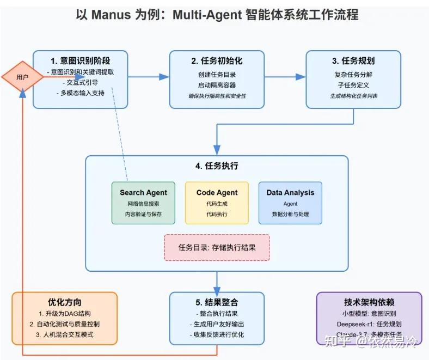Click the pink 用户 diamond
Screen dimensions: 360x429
coord(22,77)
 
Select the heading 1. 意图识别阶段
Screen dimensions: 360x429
coord(80,60)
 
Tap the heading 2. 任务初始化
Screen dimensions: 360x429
coord(217,60)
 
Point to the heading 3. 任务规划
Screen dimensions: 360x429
coord(353,60)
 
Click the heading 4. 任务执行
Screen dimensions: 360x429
coord(217,166)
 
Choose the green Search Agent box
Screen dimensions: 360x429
coord(144,203)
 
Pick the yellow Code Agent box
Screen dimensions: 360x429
coord(217,203)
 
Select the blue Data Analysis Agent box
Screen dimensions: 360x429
coord(290,203)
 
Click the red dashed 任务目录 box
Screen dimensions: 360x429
coord(217,247)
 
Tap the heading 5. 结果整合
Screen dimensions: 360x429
coord(217,302)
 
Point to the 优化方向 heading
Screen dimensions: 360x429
coord(65,302)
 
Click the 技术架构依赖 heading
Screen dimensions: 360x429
coord(369,302)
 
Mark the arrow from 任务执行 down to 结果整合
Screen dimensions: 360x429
coord(217,281)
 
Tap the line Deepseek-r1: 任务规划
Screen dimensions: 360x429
coord(369,324)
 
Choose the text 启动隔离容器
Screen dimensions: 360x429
coord(217,85)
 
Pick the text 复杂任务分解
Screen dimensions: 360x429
coord(353,75)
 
